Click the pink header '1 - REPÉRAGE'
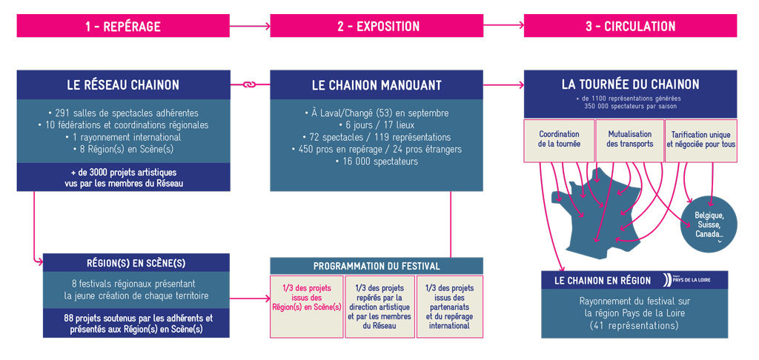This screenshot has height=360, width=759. [x=122, y=27]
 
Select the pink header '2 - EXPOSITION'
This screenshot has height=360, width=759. [x=377, y=27]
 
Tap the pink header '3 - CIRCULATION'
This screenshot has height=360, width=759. [x=630, y=27]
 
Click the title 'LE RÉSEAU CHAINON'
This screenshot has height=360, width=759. [x=122, y=85]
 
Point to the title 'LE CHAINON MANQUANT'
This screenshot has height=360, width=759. [x=377, y=85]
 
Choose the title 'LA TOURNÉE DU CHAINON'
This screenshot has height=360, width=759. [x=630, y=84]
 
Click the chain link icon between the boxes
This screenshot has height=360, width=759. [x=250, y=85]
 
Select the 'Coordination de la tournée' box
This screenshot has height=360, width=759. [x=559, y=140]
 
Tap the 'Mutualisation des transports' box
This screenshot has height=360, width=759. [x=630, y=140]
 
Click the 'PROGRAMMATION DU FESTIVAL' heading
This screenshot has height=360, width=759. [x=377, y=266]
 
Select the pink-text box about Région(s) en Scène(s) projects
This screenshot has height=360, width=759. [x=306, y=307]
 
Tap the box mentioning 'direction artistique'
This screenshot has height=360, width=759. [x=379, y=307]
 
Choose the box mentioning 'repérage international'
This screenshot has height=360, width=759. [x=449, y=307]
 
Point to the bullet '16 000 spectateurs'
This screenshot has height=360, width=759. [x=377, y=161]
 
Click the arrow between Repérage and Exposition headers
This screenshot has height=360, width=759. [x=250, y=27]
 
